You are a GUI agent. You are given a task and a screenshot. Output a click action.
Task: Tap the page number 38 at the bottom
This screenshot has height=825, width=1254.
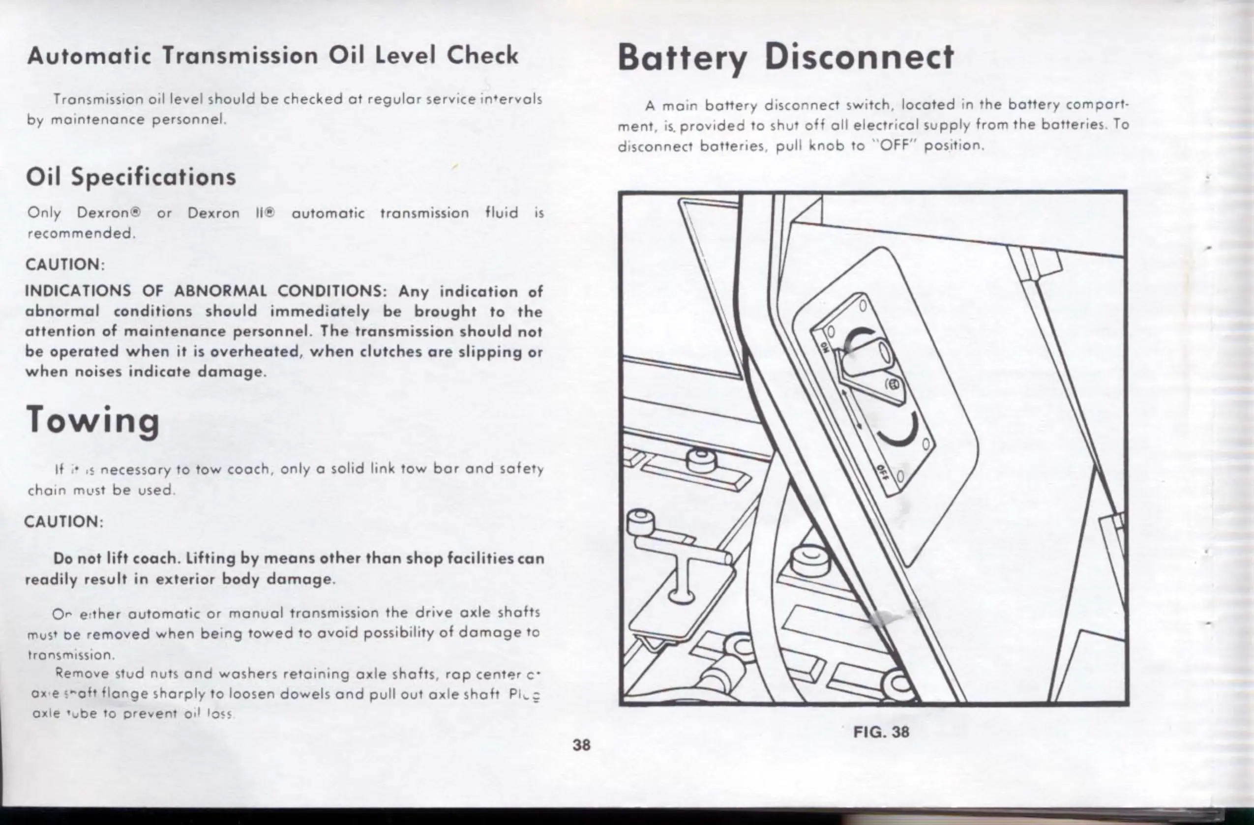coord(582,744)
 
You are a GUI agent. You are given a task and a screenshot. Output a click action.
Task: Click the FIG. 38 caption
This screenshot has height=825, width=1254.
coord(881,731)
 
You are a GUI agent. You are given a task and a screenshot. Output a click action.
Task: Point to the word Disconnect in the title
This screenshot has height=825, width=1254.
coord(859,57)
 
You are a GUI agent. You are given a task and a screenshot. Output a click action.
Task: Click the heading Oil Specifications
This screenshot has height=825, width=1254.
coord(131,177)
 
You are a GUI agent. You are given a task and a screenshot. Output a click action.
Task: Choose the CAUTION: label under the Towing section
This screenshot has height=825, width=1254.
coord(64,522)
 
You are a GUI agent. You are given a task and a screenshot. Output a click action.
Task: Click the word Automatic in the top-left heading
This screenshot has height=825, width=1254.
coord(89,56)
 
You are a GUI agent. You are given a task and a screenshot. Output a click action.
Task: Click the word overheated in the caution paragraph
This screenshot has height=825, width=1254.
coord(255,351)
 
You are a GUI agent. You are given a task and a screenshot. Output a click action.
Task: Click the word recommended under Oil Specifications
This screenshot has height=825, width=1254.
coord(81,233)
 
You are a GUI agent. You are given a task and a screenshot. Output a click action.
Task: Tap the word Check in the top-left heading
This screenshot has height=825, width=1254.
coord(482,56)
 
